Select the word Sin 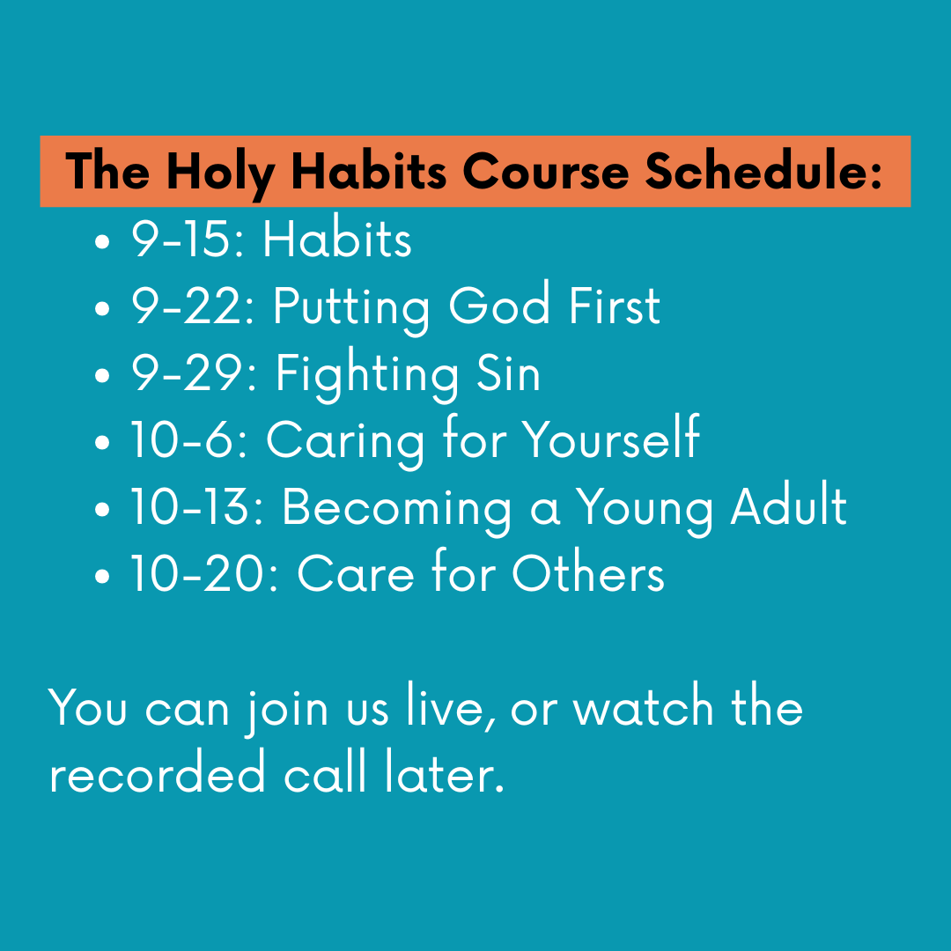[x=508, y=373]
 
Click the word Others [x=588, y=574]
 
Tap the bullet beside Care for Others [x=104, y=578]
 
